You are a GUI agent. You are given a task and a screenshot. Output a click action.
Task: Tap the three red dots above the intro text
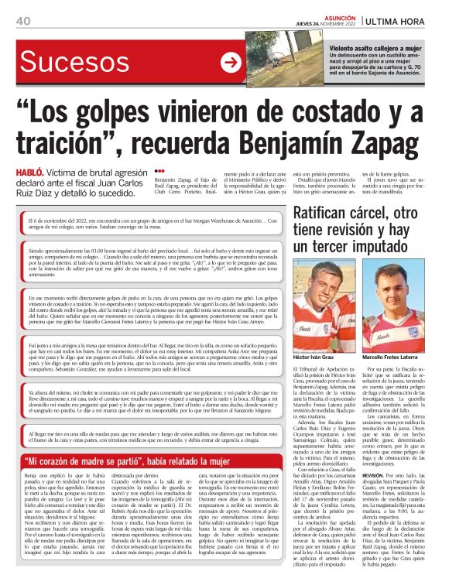click(160, 170)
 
